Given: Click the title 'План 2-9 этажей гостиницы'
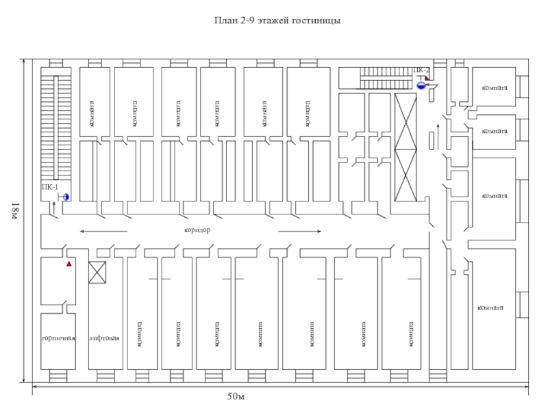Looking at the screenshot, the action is (x=277, y=21).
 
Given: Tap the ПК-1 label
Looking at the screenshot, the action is (x=49, y=186).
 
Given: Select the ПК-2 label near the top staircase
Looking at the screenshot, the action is (x=421, y=70).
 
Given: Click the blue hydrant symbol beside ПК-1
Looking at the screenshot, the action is (x=66, y=197).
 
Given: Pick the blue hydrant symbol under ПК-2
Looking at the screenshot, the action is (x=421, y=86).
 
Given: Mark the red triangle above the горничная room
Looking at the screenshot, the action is (x=68, y=263).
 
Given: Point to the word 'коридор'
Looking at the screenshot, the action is (x=197, y=230).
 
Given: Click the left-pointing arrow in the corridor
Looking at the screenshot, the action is (x=103, y=232).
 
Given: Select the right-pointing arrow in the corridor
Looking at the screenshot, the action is (x=299, y=232).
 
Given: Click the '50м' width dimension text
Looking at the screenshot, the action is (x=236, y=397).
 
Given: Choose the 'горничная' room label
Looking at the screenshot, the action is (x=58, y=338).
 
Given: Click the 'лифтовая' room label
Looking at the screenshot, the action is (x=105, y=338).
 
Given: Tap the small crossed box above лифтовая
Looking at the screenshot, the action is (x=98, y=273).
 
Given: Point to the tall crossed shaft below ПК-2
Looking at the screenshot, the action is (x=406, y=147).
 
